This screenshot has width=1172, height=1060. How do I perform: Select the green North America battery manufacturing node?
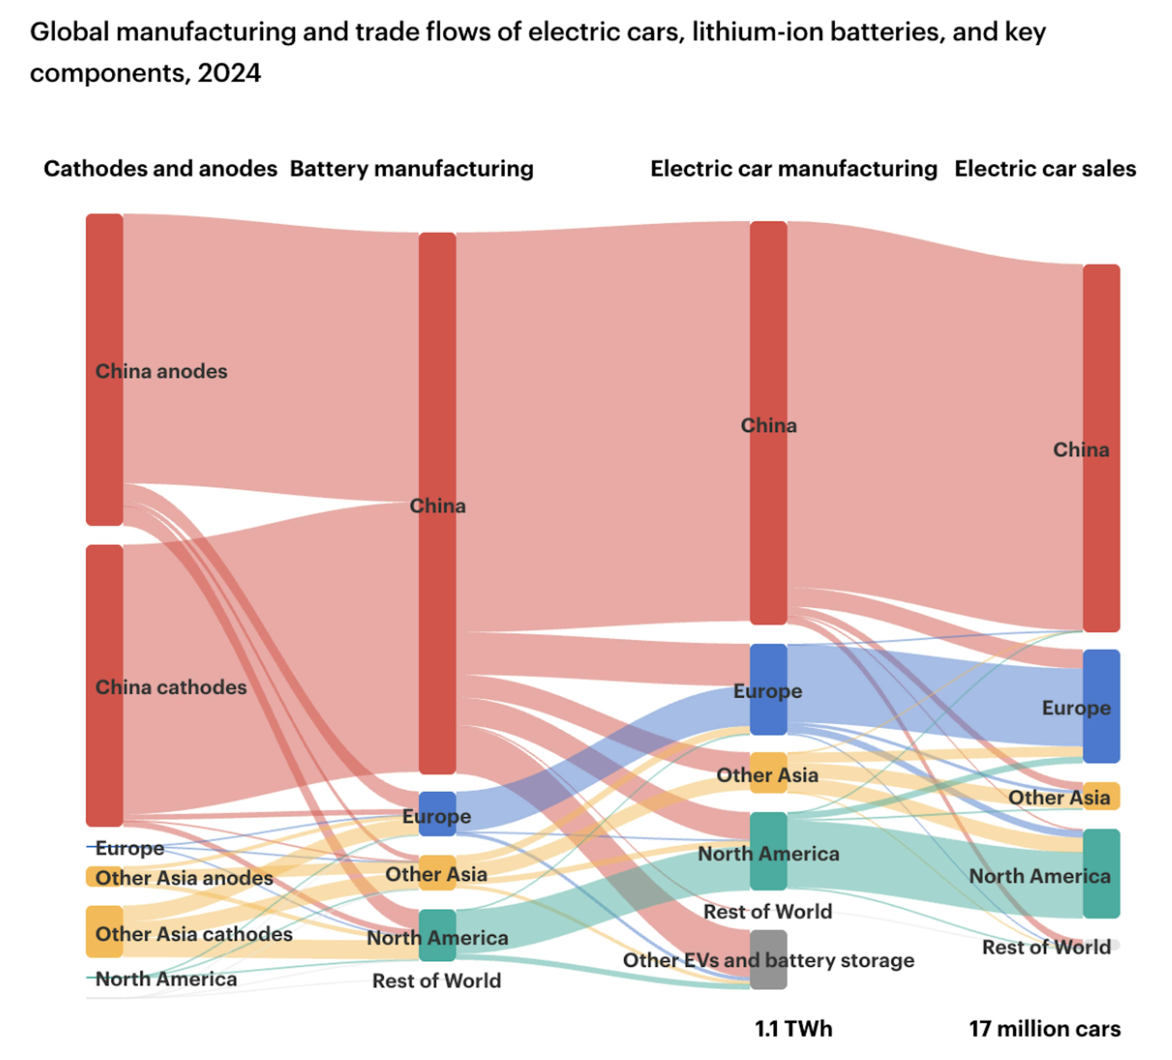point(437,935)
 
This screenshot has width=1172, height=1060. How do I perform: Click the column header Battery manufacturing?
point(412,168)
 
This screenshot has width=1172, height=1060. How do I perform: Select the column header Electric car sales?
point(1045,168)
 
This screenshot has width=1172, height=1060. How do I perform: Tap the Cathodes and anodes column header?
point(161,168)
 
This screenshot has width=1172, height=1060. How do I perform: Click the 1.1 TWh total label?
point(793,1028)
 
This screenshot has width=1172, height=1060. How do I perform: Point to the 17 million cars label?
point(1044,1028)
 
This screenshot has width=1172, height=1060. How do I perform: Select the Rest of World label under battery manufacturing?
point(436,980)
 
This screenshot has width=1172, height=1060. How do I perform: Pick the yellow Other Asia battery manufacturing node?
point(437,872)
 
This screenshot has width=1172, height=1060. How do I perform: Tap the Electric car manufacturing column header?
point(793,168)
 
